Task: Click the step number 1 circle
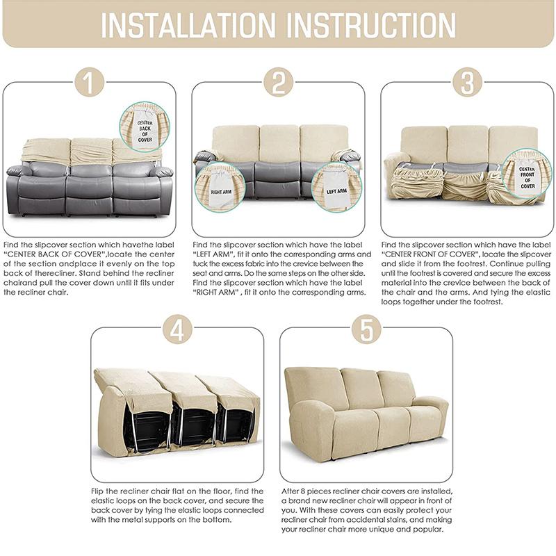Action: [x=89, y=83]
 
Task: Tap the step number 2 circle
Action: [x=278, y=83]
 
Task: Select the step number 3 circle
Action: [x=467, y=83]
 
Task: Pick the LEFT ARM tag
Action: [x=337, y=190]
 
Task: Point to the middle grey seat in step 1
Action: [x=90, y=184]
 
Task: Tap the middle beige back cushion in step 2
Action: [x=279, y=142]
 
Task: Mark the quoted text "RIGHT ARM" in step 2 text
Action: [x=216, y=293]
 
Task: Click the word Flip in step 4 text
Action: [x=99, y=491]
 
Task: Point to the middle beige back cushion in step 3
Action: [x=467, y=144]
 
